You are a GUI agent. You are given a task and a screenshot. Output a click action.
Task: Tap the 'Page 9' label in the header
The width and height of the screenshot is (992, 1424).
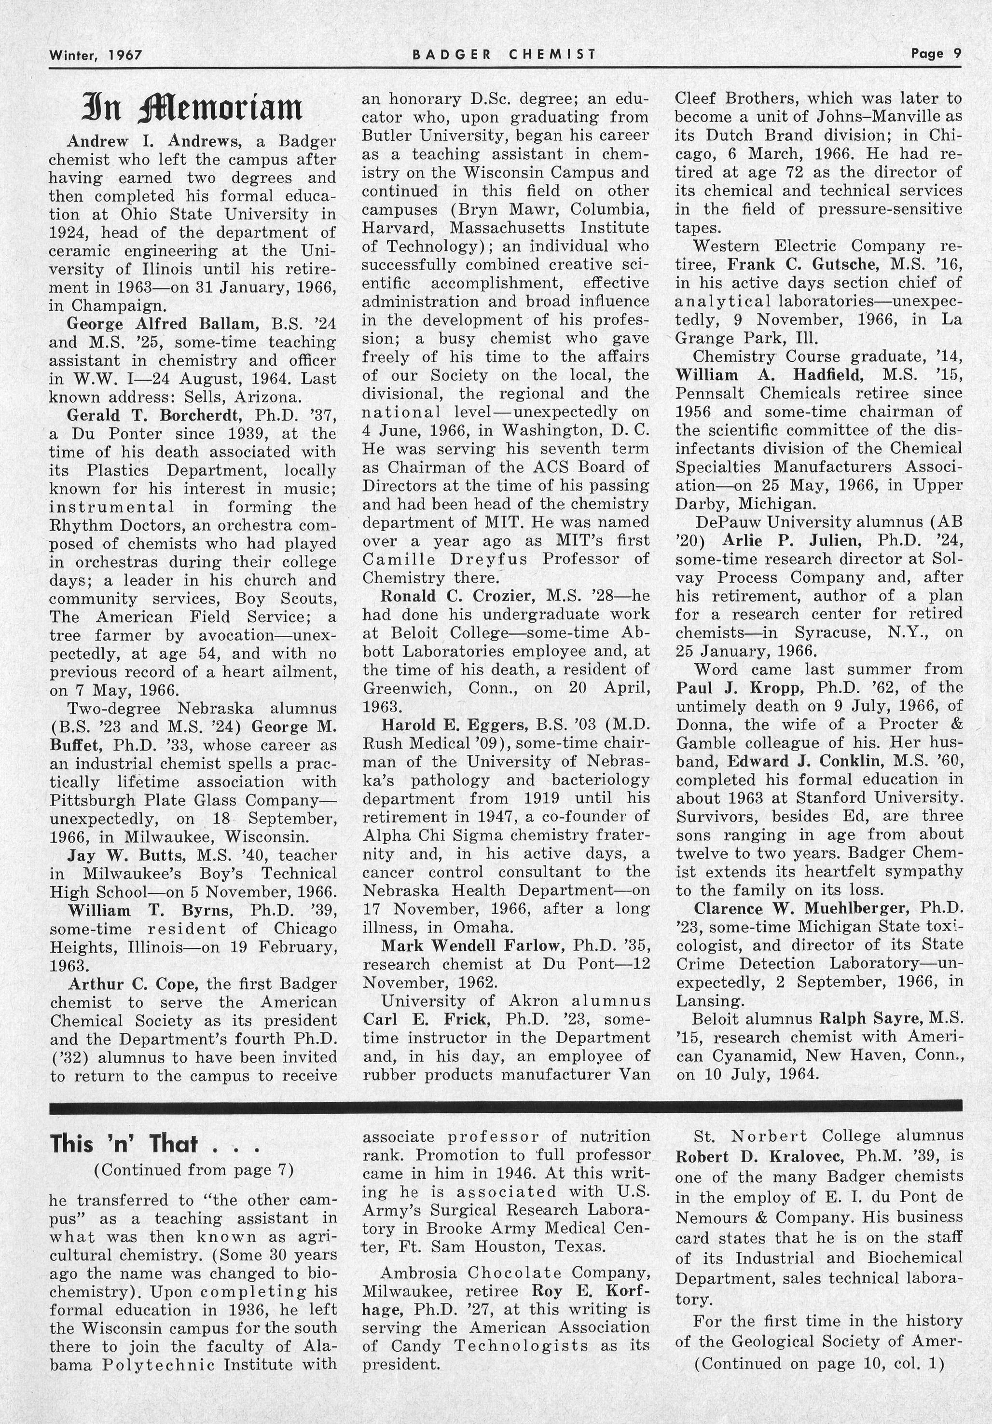click(x=936, y=54)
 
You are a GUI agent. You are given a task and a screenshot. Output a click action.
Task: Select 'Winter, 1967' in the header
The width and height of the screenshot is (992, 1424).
click(x=96, y=55)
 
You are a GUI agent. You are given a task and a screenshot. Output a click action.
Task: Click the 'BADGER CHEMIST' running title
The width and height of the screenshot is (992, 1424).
click(x=504, y=54)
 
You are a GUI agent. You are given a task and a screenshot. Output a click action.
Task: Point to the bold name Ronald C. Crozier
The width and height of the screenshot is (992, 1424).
click(x=458, y=596)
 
